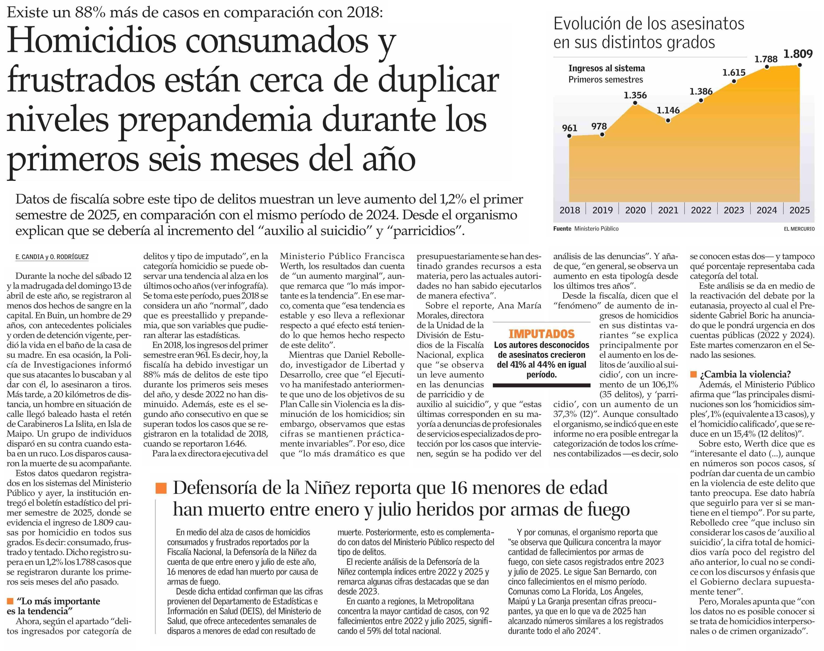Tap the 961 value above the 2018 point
pos(570,128)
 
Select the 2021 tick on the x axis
pos(668,210)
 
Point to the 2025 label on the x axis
pos(800,210)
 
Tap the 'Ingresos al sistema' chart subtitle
pos(607,69)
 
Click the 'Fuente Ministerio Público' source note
pos(586,229)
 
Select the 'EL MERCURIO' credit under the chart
pos(799,229)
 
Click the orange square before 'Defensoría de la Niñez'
pos(161,488)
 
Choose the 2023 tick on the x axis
pos(734,210)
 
